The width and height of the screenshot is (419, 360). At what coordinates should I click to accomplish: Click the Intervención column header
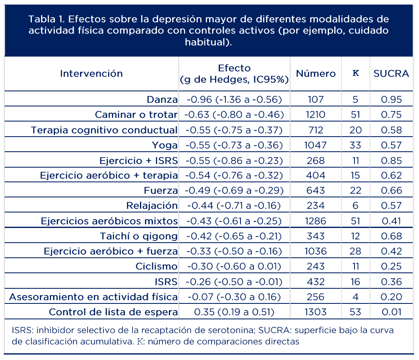(91, 73)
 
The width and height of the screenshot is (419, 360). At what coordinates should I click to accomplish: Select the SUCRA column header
(391, 73)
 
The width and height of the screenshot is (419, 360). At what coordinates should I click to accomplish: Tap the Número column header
(316, 73)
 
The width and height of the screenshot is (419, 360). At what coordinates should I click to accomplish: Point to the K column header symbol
(356, 73)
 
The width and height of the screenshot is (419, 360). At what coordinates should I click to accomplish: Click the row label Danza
(162, 99)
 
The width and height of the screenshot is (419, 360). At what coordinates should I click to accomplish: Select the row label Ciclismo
(157, 267)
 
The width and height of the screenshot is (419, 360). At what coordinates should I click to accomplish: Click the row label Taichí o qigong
(139, 236)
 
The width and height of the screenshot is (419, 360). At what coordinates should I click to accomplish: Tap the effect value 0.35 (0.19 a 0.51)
(234, 312)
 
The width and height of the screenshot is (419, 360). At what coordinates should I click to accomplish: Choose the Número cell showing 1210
(316, 114)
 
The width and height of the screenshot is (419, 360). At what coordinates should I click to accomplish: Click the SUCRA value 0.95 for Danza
(391, 99)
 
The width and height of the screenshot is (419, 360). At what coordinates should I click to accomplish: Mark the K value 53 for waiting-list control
(356, 312)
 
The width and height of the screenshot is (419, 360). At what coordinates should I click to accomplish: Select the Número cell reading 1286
(316, 221)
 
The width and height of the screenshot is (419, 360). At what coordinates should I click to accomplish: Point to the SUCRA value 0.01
(391, 312)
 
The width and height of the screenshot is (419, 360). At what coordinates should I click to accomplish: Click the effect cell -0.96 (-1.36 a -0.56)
(234, 99)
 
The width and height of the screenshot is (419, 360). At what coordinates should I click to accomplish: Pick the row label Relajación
(152, 206)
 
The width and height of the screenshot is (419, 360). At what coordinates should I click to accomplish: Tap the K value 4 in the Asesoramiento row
(356, 297)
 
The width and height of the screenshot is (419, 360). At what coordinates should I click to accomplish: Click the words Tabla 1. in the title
(46, 19)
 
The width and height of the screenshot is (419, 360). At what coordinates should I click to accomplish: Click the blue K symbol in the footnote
(140, 341)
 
